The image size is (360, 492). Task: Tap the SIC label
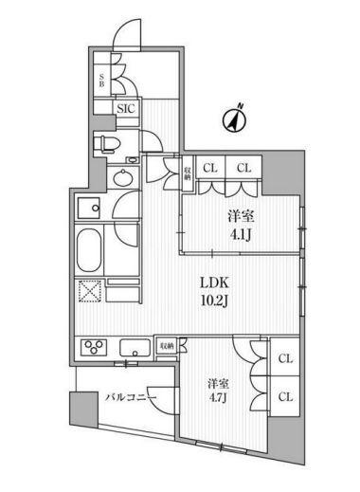(127, 109)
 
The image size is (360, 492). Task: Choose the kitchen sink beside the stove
(134, 346)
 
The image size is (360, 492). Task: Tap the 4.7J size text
(220, 401)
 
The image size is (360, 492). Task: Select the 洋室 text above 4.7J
(220, 384)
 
